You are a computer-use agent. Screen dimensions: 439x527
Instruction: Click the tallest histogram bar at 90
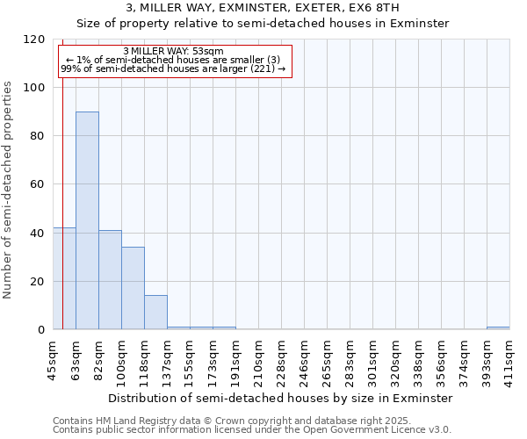click(x=87, y=220)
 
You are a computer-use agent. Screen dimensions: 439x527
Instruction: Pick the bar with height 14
click(x=155, y=313)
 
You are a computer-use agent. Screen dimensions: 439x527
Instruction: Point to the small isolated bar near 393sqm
click(x=498, y=328)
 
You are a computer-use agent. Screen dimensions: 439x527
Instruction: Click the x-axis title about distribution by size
click(x=281, y=398)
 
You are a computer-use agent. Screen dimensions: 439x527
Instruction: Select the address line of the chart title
click(x=263, y=7)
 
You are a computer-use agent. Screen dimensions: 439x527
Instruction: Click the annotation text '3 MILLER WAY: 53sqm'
click(x=173, y=51)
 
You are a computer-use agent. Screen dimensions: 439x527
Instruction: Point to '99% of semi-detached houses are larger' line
click(x=173, y=68)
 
